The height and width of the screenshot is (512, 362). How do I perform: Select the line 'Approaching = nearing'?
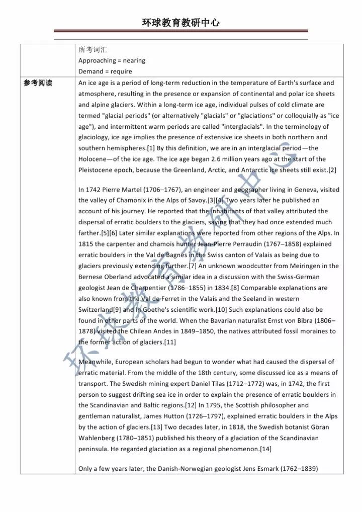[x=112, y=61]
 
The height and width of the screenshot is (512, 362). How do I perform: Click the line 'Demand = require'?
[x=105, y=71]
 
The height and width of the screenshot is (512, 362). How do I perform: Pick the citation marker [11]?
[x=169, y=342]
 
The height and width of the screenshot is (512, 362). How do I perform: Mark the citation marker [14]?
[x=265, y=449]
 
